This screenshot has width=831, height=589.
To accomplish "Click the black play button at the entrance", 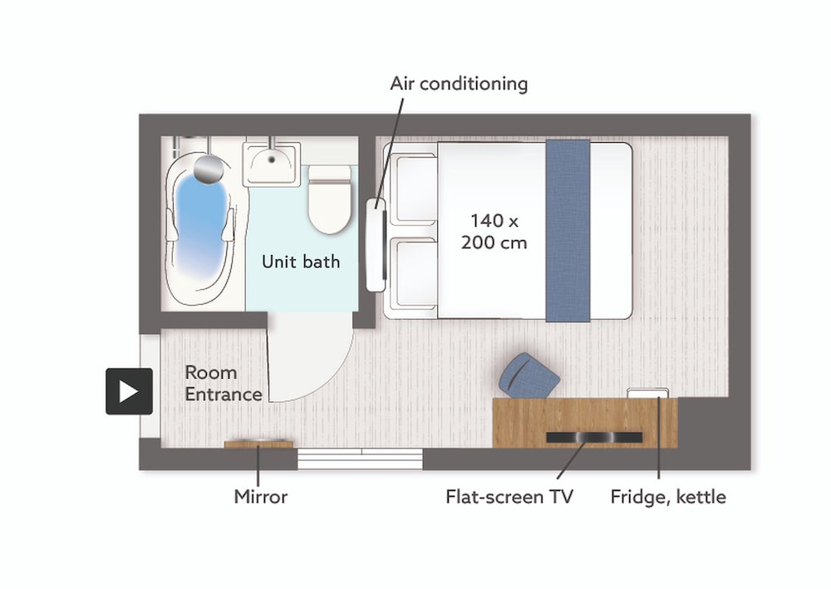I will click(129, 391).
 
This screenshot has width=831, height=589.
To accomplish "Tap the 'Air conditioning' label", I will click(459, 84).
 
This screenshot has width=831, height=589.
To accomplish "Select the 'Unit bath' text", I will click(301, 262).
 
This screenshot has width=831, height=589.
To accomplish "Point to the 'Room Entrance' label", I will click(223, 383).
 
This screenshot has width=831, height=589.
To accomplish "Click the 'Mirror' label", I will click(260, 497).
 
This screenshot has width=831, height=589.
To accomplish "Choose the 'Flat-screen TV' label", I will click(509, 497).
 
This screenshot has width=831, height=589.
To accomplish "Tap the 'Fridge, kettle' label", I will click(668, 497).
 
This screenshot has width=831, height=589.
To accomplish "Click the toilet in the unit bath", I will click(330, 200).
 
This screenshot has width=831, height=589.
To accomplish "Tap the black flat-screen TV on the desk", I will click(593, 437).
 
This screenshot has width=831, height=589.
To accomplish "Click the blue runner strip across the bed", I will click(568, 231).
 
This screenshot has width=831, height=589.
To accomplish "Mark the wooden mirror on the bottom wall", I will click(258, 444).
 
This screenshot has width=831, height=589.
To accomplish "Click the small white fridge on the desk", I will click(647, 393).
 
